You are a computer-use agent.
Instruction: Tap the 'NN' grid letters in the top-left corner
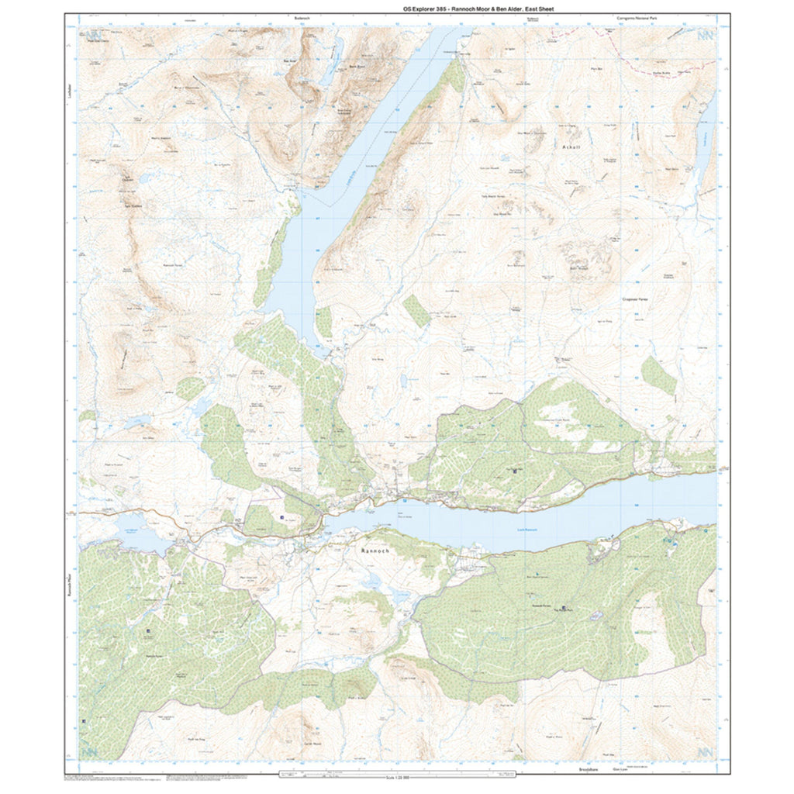[95, 36]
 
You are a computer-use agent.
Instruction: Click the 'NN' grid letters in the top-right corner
[705, 36]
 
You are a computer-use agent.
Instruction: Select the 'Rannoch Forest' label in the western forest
[158, 654]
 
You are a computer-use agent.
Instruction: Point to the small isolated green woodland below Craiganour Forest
[658, 375]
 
